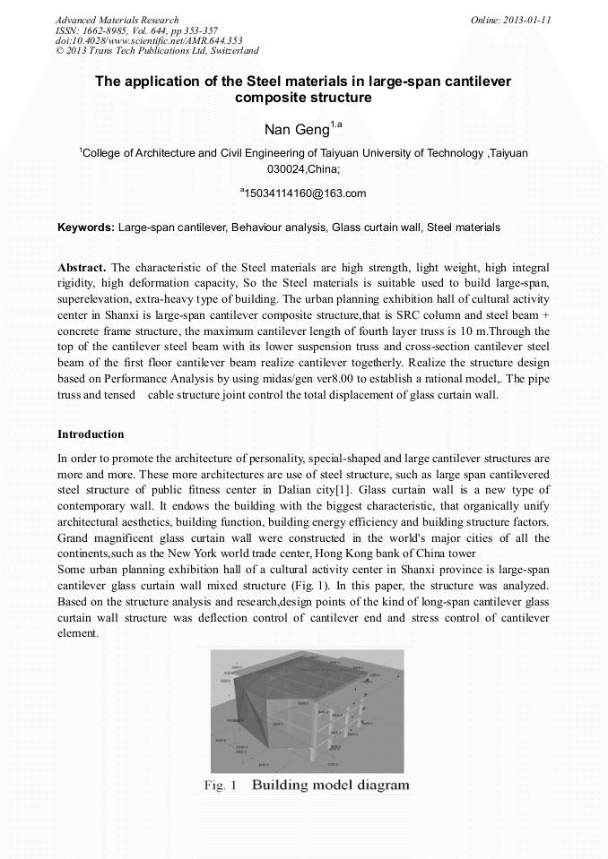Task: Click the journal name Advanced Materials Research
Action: (x=117, y=20)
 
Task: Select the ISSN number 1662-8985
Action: (x=109, y=30)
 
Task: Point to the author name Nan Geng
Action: (x=296, y=130)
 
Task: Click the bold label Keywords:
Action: (x=85, y=228)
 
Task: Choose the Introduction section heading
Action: (x=91, y=434)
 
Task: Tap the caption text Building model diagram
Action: (x=330, y=786)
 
